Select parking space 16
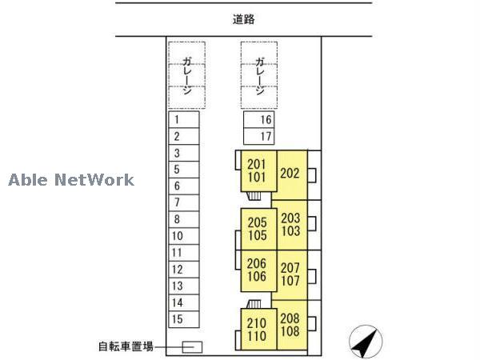click(x=259, y=120)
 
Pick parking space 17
click(x=259, y=136)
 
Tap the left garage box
click(x=187, y=75)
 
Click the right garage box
click(x=260, y=75)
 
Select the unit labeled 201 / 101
click(x=256, y=171)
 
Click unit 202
click(x=290, y=173)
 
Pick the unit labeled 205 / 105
click(x=257, y=229)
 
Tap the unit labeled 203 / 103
click(x=291, y=224)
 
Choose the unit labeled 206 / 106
click(x=257, y=270)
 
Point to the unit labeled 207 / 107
click(x=291, y=274)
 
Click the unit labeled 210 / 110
click(x=257, y=329)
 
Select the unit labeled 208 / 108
click(x=291, y=324)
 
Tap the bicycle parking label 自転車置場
click(x=126, y=347)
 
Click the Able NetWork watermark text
click(x=71, y=180)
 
